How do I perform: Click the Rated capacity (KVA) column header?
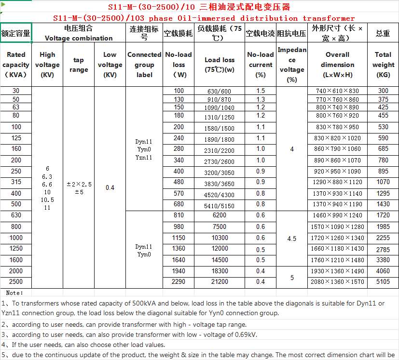pos(16,65)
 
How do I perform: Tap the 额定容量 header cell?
pos(16,33)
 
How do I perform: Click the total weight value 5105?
pos(383,282)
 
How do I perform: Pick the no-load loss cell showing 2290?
pos(179,281)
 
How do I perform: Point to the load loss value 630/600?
pos(219,91)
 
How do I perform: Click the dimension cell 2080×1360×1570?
pos(337,282)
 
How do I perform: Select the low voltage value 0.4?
pos(110,187)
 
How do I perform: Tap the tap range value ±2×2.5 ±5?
pos(79,188)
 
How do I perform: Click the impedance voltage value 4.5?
pos(291,239)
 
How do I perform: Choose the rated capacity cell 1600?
pos(16,260)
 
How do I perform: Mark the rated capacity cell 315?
pos(16,182)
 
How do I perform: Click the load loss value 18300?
pos(219,271)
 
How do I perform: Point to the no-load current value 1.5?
pos(261,91)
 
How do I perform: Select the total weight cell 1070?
pos(383,182)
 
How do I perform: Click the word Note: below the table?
pos(14,293)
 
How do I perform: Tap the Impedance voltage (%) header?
pos(291,65)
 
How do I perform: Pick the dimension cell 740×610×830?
pos(337,91)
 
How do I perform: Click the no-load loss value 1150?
pos(179,238)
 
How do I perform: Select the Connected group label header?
pos(144,65)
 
